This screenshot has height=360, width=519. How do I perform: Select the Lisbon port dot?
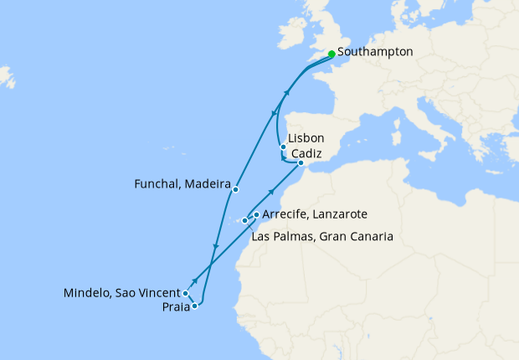[x=283, y=147]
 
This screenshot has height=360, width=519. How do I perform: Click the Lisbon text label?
[x=305, y=139]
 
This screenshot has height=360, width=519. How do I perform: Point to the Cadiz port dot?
[x=301, y=163]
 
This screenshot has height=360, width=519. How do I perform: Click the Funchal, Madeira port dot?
[x=237, y=188]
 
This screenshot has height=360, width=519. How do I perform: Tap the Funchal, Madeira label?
[x=182, y=182]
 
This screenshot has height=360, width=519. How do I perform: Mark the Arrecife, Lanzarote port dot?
[x=256, y=214]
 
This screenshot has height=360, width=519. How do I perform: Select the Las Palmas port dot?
[x=244, y=221]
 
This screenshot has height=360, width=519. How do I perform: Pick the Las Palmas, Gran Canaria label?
[x=322, y=237]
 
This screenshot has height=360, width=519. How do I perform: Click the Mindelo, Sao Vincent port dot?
[x=185, y=294]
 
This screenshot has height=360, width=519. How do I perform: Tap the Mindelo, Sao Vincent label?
[x=122, y=293]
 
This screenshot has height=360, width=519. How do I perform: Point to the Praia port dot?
[x=194, y=306]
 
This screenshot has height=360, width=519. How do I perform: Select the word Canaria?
[x=371, y=237]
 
